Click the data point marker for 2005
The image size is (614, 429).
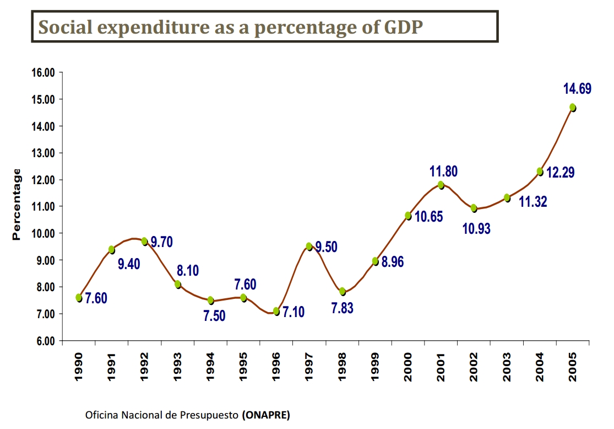tap(573, 108)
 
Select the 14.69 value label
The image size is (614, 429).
tap(577, 88)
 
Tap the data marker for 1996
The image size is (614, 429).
tap(276, 312)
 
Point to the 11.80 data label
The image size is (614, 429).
tap(443, 171)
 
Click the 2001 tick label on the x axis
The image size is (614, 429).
tap(441, 366)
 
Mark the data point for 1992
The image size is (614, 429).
tap(144, 241)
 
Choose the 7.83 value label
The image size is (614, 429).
tap(342, 308)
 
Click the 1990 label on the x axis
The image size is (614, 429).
tap(78, 366)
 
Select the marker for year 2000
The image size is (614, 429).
tap(408, 216)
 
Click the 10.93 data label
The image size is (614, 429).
tap(476, 228)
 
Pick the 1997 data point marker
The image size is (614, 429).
tap(309, 246)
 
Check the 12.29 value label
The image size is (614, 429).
tap(561, 173)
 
